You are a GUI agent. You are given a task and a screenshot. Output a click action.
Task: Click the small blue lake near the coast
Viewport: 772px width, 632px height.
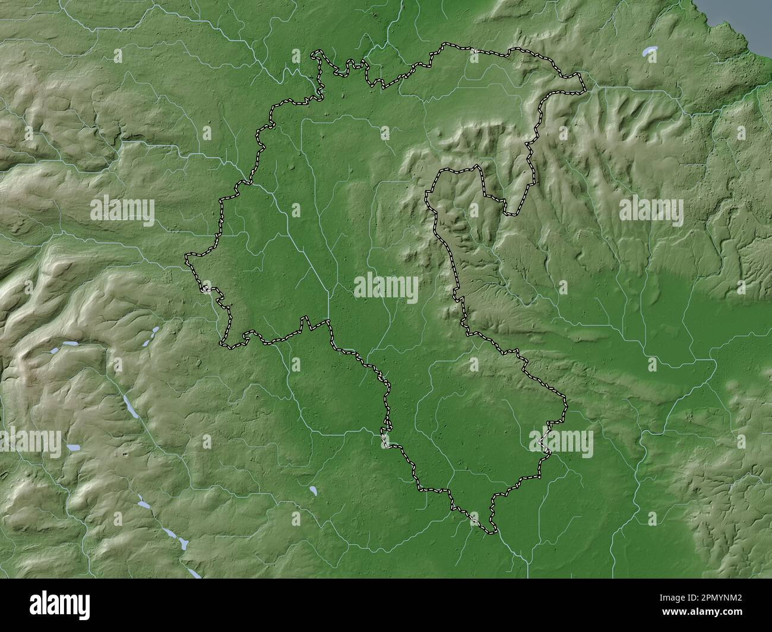pyautogui.click(x=652, y=52)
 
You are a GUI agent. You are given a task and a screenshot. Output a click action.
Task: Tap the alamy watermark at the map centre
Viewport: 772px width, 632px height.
pyautogui.click(x=386, y=288)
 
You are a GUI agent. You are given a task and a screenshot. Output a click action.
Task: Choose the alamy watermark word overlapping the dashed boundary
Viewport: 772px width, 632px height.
pyautogui.click(x=561, y=443)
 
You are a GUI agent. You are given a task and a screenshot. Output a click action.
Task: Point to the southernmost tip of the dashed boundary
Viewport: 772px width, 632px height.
pyautogui.click(x=491, y=533)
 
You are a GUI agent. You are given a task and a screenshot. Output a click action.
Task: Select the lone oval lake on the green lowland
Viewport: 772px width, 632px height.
pyautogui.click(x=312, y=491)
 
